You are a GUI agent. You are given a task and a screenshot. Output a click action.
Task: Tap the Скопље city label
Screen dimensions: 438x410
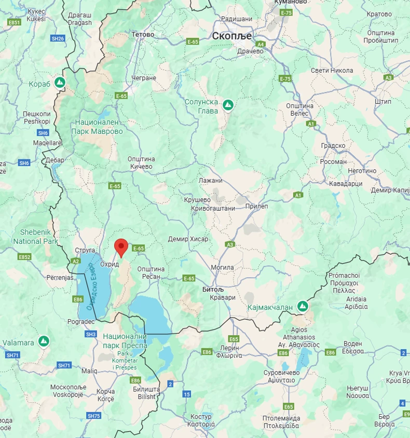[x=231, y=36]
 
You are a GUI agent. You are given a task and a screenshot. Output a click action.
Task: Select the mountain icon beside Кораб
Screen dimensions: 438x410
[x=60, y=83]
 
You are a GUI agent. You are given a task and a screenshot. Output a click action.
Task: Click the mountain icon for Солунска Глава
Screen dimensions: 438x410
[x=227, y=105]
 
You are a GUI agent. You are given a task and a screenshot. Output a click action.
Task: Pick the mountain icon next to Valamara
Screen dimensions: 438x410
[x=44, y=341]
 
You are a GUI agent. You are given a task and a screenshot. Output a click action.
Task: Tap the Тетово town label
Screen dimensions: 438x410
[x=143, y=35]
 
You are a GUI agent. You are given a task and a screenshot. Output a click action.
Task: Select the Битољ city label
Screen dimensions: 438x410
[x=212, y=289]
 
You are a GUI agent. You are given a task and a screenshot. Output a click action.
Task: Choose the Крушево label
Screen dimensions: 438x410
[x=197, y=199]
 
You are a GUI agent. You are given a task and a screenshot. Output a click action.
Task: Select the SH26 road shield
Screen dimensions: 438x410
[x=58, y=38]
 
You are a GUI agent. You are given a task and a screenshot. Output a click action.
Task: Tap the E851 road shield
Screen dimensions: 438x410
[x=14, y=22]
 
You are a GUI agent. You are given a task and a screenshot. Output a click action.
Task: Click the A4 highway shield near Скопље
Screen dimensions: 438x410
[x=261, y=45]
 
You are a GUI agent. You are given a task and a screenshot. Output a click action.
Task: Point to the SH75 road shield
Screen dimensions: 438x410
[x=94, y=416]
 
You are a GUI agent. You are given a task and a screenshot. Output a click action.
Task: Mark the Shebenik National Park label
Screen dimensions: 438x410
[x=35, y=237]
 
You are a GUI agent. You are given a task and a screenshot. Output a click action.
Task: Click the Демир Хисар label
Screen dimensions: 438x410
[x=188, y=239]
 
